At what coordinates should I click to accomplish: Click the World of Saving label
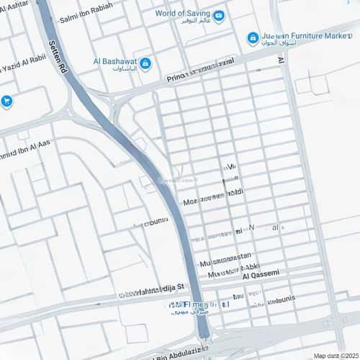pyautogui.click(x=182, y=14)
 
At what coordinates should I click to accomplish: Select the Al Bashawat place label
pyautogui.click(x=114, y=62)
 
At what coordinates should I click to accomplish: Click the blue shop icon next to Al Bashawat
pyautogui.click(x=145, y=64)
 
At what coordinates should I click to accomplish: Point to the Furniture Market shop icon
pyautogui.click(x=253, y=38)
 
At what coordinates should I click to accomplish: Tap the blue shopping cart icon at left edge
pyautogui.click(x=6, y=102)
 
